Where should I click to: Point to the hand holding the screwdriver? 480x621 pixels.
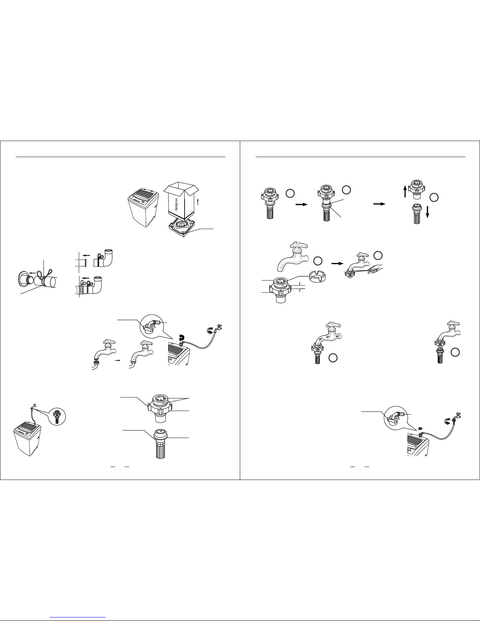coord(375,269)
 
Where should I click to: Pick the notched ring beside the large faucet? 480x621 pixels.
coord(317,278)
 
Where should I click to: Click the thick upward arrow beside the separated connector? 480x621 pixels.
coord(405,191)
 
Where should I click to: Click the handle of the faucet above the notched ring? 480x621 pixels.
coord(299,245)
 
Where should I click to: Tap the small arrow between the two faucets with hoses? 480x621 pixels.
coord(117,361)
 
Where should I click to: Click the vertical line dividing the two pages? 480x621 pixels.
coord(240,310)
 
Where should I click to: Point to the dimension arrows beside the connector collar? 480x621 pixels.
coord(299,287)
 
